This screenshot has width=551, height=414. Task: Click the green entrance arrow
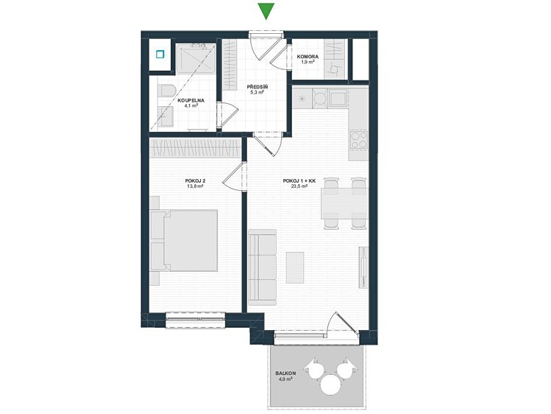pos(266,11)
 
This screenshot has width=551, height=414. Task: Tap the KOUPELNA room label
pos(191,101)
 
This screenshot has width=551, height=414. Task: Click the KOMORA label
pos(308,57)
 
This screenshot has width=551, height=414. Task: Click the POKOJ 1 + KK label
pos(299,180)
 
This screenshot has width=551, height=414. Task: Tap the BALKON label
pos(285,373)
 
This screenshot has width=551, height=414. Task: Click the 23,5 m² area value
pos(299,186)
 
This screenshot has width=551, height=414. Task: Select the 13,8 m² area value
pos(196,186)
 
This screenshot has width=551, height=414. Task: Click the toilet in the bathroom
pos(164,92)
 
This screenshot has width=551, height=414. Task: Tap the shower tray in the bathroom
pos(196,58)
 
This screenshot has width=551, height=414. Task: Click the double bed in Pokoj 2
pos(184,240)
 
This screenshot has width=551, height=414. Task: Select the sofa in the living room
pos(262,267)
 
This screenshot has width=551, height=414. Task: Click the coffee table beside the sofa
pos(295,267)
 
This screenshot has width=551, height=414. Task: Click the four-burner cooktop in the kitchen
pos(358,140)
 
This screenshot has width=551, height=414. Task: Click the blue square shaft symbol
pos(160,55)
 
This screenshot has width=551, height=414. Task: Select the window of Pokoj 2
pos(195,320)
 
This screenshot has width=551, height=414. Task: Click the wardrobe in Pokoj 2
pos(195,148)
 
